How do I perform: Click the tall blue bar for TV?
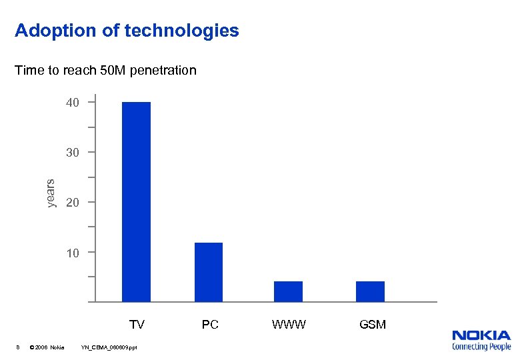136,201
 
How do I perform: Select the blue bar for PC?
209,272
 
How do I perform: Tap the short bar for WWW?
288,291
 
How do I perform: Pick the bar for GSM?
370,291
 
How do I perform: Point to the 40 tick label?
72,103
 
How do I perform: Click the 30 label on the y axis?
72,153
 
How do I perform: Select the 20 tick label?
72,203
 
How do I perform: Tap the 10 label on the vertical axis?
72,253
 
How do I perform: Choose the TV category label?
137,325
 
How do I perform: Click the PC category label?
210,325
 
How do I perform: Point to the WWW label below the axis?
289,325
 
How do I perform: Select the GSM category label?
372,325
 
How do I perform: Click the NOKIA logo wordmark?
481,335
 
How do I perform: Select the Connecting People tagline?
481,347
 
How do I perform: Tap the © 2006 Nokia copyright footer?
49,347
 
